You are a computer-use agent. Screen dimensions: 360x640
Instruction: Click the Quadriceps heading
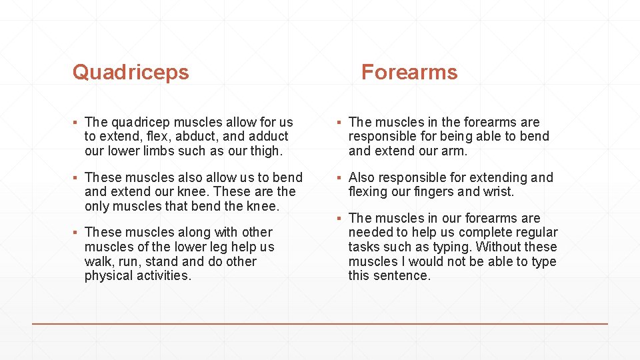point(131,72)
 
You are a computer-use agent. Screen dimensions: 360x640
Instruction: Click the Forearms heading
point(409,72)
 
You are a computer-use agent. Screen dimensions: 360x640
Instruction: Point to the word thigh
point(264,151)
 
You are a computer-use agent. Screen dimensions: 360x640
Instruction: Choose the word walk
point(97,261)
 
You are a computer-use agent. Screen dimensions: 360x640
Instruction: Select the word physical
point(109,276)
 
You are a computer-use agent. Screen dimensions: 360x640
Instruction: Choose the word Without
point(495,247)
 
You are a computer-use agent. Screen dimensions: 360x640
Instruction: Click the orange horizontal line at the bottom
point(320,323)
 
